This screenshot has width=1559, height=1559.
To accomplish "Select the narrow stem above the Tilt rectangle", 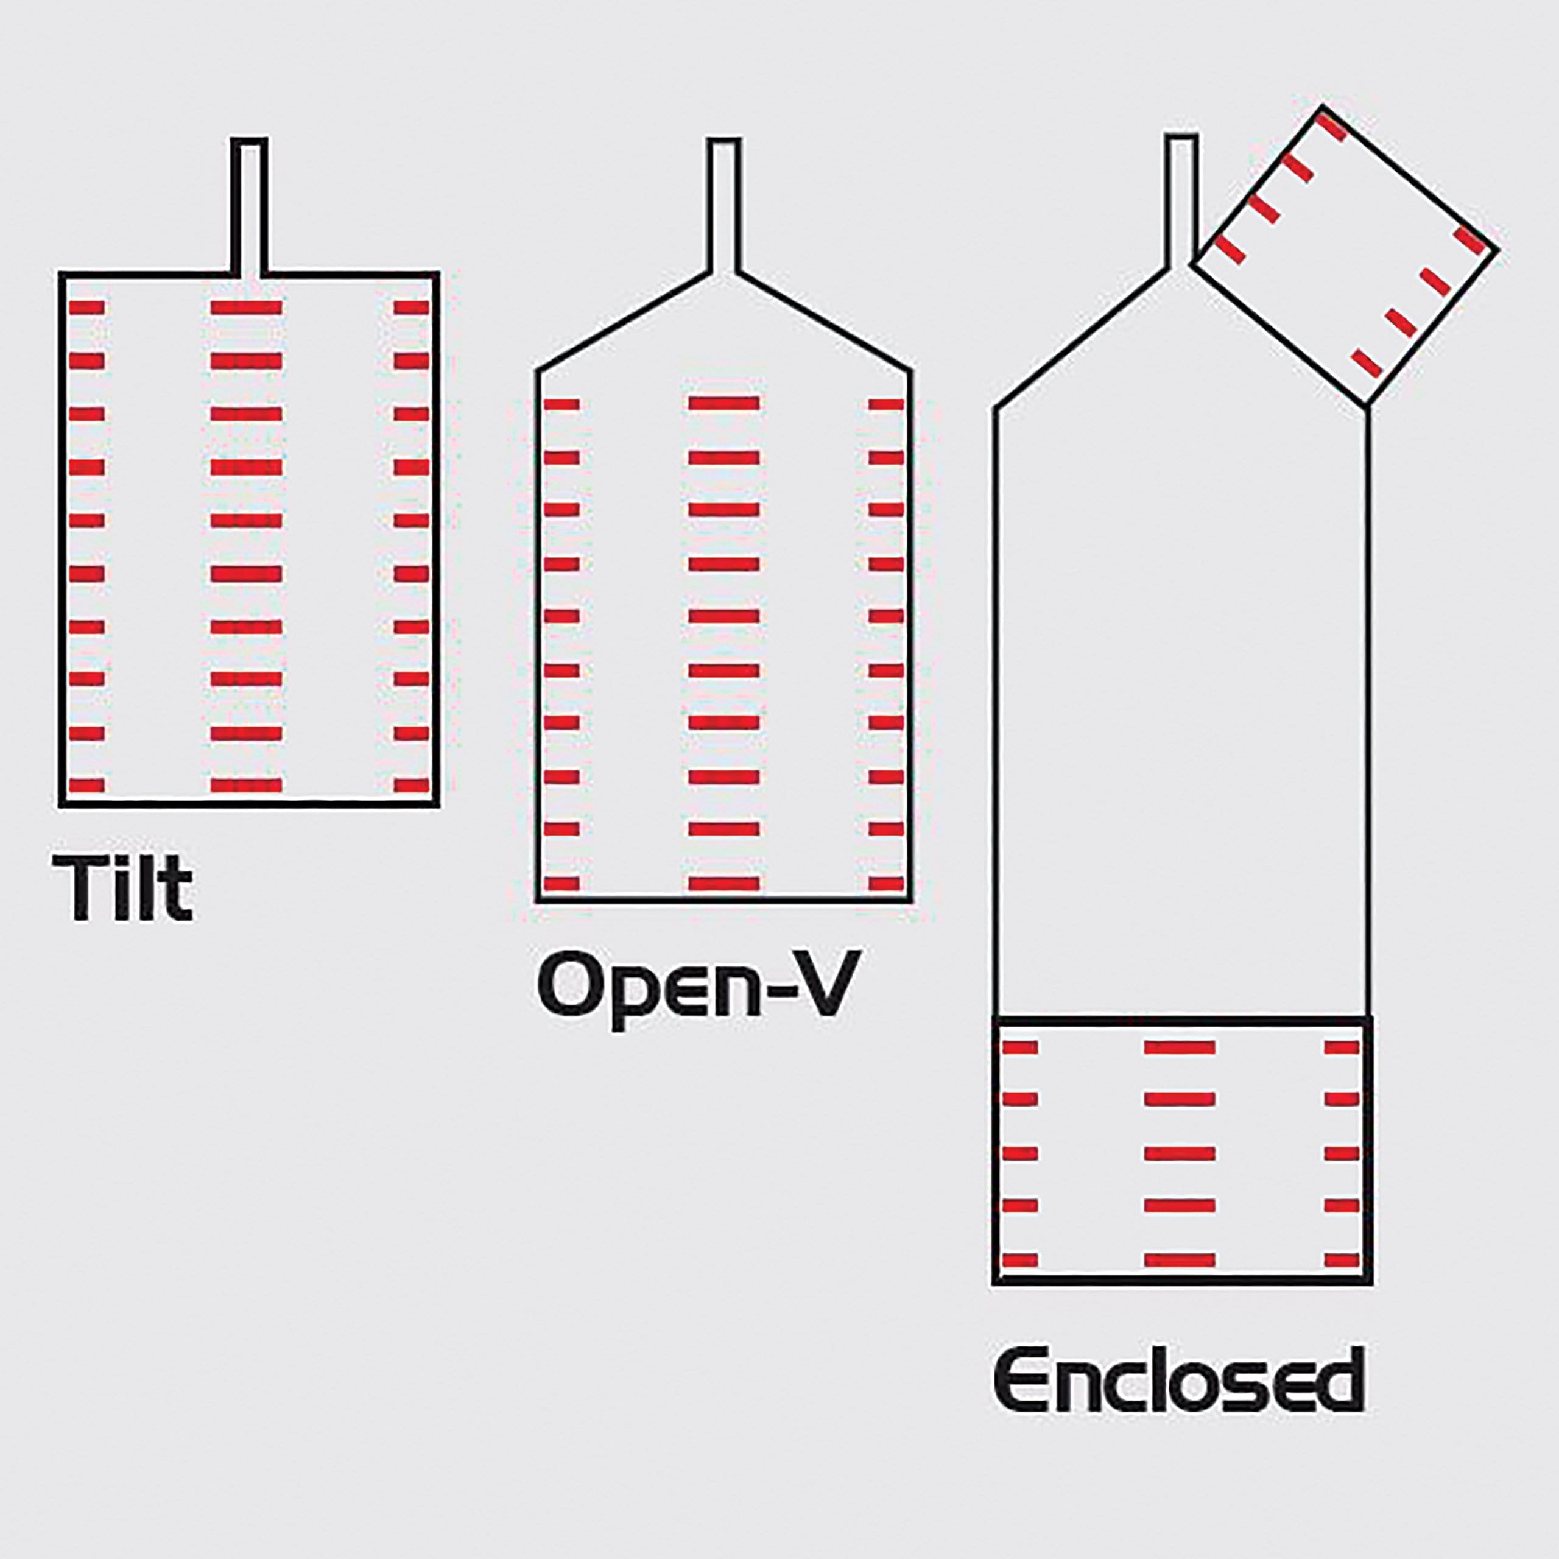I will (x=248, y=206).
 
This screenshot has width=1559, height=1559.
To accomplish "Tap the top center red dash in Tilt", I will (x=246, y=308).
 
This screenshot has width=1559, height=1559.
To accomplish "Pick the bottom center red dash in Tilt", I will (x=246, y=785).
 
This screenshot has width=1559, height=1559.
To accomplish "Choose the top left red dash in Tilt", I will (x=87, y=308).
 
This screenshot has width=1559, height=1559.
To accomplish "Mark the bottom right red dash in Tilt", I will (x=412, y=785).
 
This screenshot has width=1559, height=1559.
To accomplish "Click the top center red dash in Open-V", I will (x=724, y=404).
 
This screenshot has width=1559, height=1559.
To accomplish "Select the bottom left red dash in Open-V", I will (x=563, y=884).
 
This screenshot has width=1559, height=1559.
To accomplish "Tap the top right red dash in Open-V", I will (x=886, y=404).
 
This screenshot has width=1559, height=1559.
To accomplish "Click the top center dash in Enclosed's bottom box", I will (x=1180, y=1048).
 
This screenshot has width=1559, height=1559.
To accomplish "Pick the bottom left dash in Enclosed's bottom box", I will (x=1019, y=1261).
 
